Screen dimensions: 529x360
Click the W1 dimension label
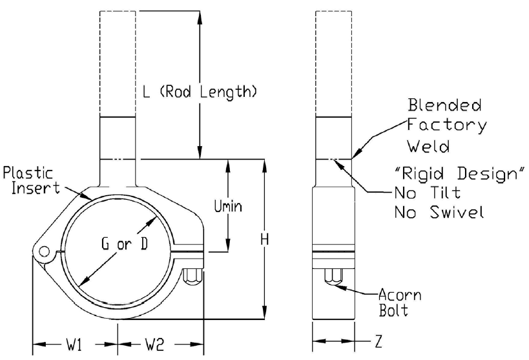pyautogui.click(x=74, y=344)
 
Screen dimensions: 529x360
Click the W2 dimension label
pyautogui.click(x=155, y=344)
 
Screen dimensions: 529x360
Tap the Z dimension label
pyautogui.click(x=379, y=341)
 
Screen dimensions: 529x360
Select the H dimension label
pyautogui.click(x=265, y=239)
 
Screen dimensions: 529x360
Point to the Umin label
pyautogui.click(x=229, y=206)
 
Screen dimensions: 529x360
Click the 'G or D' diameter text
pyautogui.click(x=125, y=244)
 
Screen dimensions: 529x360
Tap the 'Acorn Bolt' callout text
pyautogui.click(x=400, y=302)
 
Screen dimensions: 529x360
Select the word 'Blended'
pyautogui.click(x=444, y=105)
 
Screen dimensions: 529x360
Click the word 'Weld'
pyautogui.click(x=428, y=146)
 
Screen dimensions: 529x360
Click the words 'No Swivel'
pyautogui.click(x=439, y=213)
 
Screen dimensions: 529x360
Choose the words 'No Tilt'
pyautogui.click(x=428, y=193)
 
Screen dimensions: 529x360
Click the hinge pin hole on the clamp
pyautogui.click(x=44, y=251)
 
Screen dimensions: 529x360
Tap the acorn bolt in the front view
pyautogui.click(x=193, y=276)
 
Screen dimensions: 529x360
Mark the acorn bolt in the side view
pyautogui.click(x=333, y=277)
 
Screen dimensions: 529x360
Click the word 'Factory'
pyautogui.click(x=447, y=125)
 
